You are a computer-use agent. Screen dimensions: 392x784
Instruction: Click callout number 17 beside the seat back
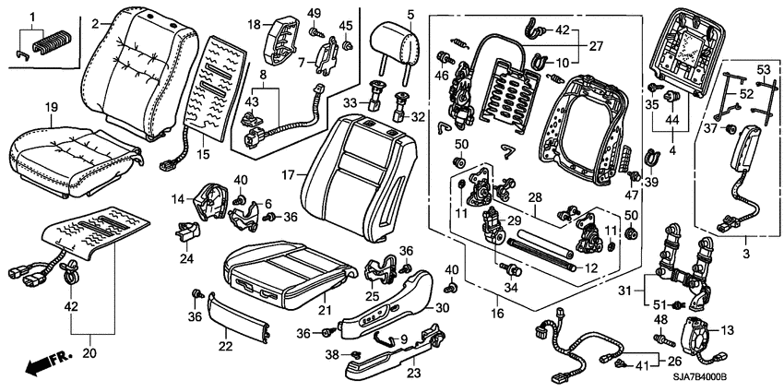tap(288, 173)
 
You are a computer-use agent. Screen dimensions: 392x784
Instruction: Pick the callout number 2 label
tap(96, 23)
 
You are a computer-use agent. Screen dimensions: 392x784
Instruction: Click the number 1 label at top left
tap(33, 17)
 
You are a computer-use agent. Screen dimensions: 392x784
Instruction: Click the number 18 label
tap(255, 23)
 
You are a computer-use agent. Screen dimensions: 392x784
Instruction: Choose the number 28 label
tap(534, 197)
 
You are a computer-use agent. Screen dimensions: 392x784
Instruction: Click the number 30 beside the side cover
tap(442, 308)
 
